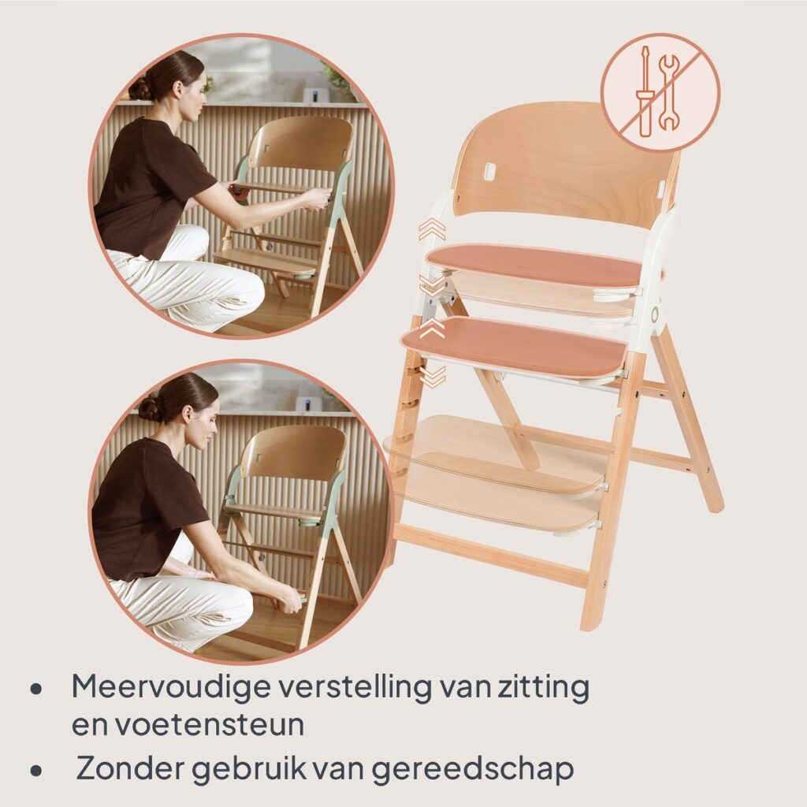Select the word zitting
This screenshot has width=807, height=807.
[543, 686]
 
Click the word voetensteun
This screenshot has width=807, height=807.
[209, 725]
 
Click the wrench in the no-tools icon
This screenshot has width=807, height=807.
[669, 92]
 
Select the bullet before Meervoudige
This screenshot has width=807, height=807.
[35, 690]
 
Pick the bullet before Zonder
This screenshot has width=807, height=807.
[35, 771]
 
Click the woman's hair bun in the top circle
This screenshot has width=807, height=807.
[140, 88]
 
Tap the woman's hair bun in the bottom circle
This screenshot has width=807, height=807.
[149, 409]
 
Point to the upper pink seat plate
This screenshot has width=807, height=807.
[535, 265]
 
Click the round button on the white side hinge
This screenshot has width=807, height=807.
[656, 314]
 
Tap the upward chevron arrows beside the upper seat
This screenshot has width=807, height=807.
[432, 229]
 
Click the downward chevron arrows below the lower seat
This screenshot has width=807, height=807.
[433, 377]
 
